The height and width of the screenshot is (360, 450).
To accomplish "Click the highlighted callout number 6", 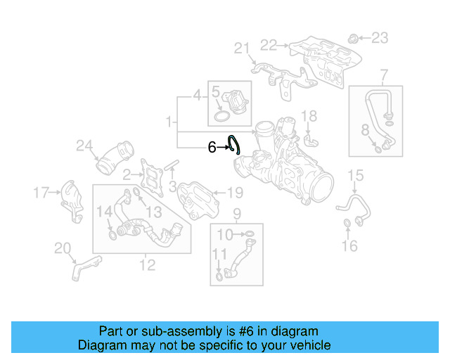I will coord(212,148).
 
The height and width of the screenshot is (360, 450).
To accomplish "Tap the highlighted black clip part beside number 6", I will coord(234,144).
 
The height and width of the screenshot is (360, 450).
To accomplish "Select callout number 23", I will coord(379,37).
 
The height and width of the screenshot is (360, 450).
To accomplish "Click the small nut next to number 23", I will coord(355,37).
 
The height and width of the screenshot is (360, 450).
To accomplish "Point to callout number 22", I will coord(268,45).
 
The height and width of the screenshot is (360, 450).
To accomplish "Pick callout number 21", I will coord(242,48).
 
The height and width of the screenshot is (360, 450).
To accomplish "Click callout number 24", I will coord(85,146).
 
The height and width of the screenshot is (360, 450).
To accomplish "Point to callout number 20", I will coord(63,247).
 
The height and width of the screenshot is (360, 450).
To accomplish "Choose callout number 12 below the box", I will coord(147,264).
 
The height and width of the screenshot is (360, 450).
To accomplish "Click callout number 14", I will coord(103,211).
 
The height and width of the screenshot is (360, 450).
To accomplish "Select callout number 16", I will coord(349,245).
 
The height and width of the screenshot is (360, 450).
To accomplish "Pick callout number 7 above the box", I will coord(384,74).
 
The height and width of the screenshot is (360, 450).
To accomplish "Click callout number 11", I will coord(219,253).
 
